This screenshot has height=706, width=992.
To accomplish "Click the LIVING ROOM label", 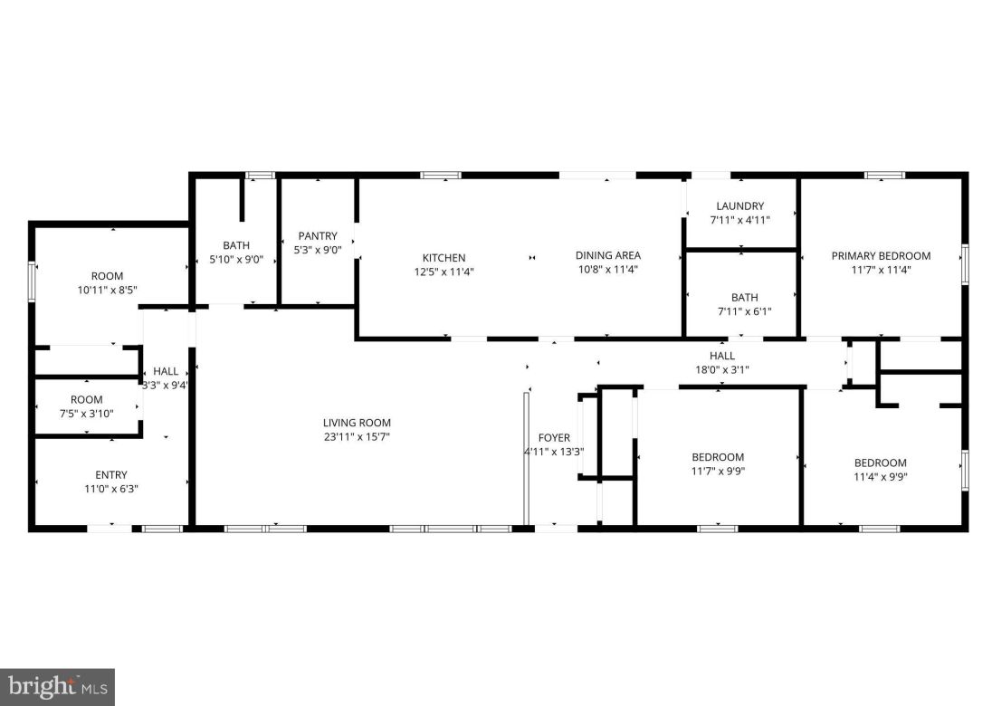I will [357, 423].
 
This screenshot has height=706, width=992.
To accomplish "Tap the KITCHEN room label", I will [444, 258].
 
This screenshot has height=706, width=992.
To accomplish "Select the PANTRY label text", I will [318, 236].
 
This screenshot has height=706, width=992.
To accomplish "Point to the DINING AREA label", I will [608, 255].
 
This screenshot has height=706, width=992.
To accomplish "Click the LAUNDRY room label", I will [740, 206].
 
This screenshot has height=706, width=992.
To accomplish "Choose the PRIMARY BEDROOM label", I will [881, 255].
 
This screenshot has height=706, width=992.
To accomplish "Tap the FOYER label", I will [554, 438].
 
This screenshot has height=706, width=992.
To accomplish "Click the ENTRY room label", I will [111, 475].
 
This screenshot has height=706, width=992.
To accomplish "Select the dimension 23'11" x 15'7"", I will [357, 437].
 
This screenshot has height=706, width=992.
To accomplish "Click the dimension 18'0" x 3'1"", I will [722, 369].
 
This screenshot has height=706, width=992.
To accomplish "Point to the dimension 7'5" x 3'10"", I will [87, 414].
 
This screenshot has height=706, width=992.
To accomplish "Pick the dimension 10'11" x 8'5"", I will [107, 291].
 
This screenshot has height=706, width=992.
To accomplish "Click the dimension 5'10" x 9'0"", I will [236, 259].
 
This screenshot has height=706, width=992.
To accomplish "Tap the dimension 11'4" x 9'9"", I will [880, 477].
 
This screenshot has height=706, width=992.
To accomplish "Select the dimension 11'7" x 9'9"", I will [718, 471].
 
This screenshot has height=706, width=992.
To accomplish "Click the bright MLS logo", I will [57, 687].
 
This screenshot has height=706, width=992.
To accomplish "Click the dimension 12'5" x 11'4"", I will [444, 272].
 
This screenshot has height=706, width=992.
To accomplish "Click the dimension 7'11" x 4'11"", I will [740, 220].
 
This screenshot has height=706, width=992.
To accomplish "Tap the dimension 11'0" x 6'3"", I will [111, 489].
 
